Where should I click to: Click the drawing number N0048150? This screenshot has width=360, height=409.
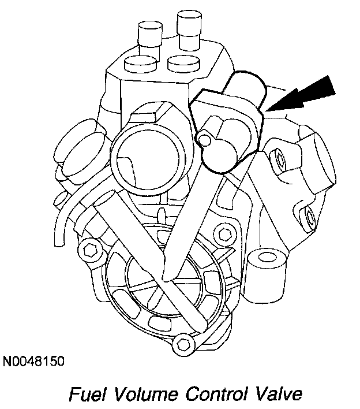pyautogui.click(x=33, y=362)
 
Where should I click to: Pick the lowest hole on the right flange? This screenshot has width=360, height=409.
pyautogui.click(x=311, y=218)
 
